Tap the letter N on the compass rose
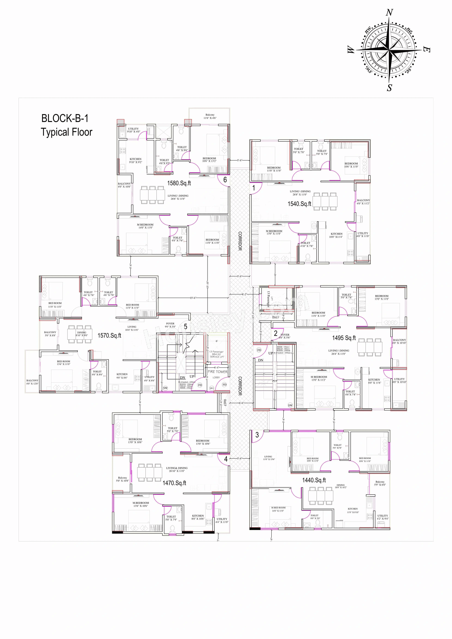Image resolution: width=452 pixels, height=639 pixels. pos(389,13)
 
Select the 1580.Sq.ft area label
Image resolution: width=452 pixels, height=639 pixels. pos(179,183)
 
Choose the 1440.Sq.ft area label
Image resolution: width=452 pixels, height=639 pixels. pos(314,480)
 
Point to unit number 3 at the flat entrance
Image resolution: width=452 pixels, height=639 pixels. pos(257,435)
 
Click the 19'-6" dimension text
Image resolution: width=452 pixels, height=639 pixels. pos(193,298)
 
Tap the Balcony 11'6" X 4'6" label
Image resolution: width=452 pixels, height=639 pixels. pos(210,116)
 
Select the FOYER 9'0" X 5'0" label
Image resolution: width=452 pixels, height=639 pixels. pos(170,325)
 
